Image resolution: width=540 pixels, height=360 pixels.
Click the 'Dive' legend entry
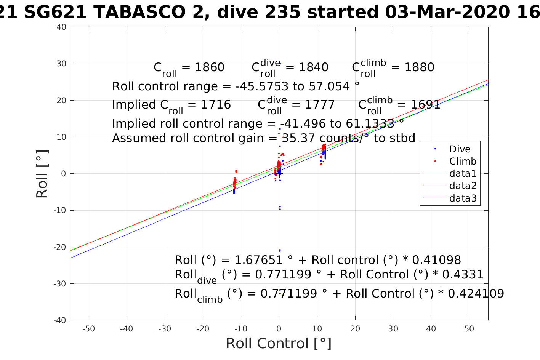click(x=460, y=149)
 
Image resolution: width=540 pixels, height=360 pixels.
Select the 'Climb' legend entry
click(x=463, y=162)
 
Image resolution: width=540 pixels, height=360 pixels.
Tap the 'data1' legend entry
click(x=463, y=174)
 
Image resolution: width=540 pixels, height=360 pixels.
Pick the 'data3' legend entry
click(x=463, y=198)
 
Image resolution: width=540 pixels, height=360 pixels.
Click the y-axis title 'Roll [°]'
click(x=42, y=174)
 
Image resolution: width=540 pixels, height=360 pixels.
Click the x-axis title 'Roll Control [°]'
click(x=279, y=343)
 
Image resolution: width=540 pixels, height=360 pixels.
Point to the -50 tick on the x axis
click(x=88, y=329)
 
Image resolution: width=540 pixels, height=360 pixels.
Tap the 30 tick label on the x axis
click(x=393, y=329)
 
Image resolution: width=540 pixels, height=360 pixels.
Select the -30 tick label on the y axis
click(x=60, y=284)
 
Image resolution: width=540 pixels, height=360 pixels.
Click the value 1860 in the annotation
click(x=210, y=67)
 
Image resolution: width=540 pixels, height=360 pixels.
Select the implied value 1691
click(x=425, y=105)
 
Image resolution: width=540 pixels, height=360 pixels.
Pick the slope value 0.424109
click(x=476, y=294)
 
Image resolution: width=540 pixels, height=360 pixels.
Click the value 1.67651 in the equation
click(x=258, y=260)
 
